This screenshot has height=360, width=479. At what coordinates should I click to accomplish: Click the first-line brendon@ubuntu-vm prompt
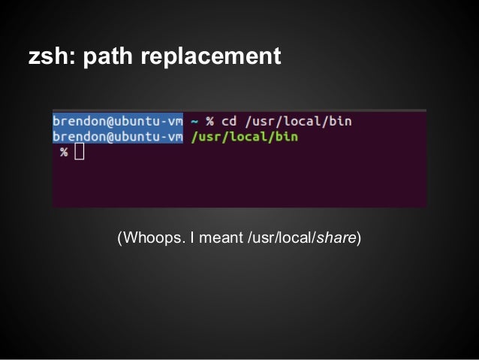pyautogui.click(x=118, y=120)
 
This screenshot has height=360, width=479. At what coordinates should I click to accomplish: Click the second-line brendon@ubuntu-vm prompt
pyautogui.click(x=118, y=137)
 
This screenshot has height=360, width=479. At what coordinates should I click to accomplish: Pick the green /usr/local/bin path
pyautogui.click(x=245, y=137)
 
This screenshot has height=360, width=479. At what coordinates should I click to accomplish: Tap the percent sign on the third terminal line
pyautogui.click(x=65, y=153)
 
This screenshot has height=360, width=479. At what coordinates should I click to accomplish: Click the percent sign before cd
pyautogui.click(x=210, y=120)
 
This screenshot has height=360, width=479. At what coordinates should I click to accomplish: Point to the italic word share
pyautogui.click(x=336, y=239)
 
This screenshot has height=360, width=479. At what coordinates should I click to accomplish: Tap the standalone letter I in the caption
pyautogui.click(x=192, y=239)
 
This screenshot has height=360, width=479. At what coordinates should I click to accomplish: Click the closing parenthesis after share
pyautogui.click(x=359, y=239)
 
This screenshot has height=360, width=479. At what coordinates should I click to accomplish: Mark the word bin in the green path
pyautogui.click(x=287, y=137)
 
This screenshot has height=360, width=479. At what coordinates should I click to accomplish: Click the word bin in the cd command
pyautogui.click(x=340, y=120)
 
